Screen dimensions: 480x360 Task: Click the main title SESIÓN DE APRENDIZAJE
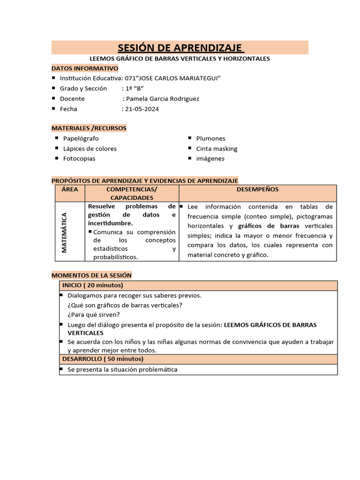click(x=180, y=48)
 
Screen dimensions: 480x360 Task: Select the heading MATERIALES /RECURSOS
click(x=89, y=128)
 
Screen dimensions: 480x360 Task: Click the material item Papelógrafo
click(x=81, y=138)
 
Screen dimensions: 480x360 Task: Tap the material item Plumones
click(x=210, y=138)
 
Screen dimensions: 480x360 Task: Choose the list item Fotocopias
click(x=79, y=158)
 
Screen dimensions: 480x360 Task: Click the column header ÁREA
click(x=70, y=189)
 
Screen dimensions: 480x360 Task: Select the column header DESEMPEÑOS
click(x=257, y=189)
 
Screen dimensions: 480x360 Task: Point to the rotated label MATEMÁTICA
click(x=65, y=232)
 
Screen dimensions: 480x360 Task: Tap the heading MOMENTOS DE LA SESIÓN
click(x=91, y=275)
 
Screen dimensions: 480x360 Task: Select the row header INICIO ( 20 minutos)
click(x=93, y=285)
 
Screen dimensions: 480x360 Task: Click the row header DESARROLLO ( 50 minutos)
click(x=103, y=359)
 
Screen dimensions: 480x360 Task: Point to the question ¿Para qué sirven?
click(x=94, y=315)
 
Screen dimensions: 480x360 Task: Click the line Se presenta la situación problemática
click(x=122, y=369)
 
